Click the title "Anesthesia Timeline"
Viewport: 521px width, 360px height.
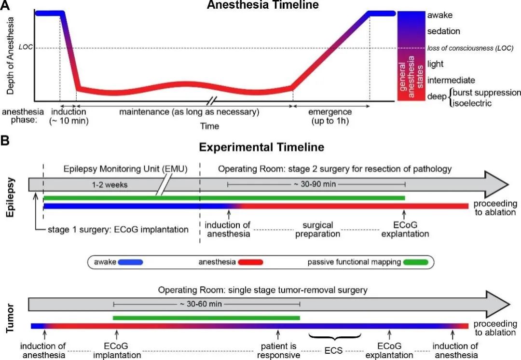coord(263,5)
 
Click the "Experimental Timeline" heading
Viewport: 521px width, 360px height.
coord(261,147)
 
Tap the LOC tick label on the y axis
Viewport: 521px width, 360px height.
coord(25,48)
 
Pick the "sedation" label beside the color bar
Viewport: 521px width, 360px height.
coord(443,31)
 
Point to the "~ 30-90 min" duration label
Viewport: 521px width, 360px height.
coord(316,184)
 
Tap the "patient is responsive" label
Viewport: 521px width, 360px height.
coord(278,350)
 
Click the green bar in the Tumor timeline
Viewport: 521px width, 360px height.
coord(206,318)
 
